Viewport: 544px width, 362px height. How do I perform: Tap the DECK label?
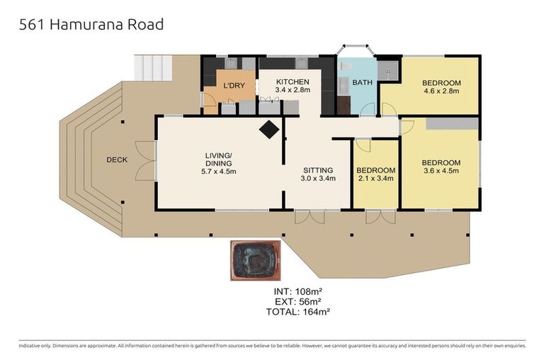117,160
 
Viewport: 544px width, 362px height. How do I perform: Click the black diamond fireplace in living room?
269,129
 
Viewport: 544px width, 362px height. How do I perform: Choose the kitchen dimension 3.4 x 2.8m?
293,91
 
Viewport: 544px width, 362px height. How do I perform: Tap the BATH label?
362,83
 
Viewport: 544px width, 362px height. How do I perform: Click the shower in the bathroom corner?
387,69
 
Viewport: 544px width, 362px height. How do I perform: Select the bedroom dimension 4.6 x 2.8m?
441,90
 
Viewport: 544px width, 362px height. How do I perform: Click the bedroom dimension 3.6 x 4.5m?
441,170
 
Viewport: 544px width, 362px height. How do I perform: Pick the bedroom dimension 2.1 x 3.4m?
375,179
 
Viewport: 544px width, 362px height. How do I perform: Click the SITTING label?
317,170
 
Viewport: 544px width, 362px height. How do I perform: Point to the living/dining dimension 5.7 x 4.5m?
218,171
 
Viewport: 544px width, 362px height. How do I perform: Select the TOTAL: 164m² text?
298,310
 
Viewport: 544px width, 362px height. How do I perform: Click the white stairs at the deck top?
153,67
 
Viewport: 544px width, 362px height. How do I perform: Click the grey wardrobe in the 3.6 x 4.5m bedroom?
451,124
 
